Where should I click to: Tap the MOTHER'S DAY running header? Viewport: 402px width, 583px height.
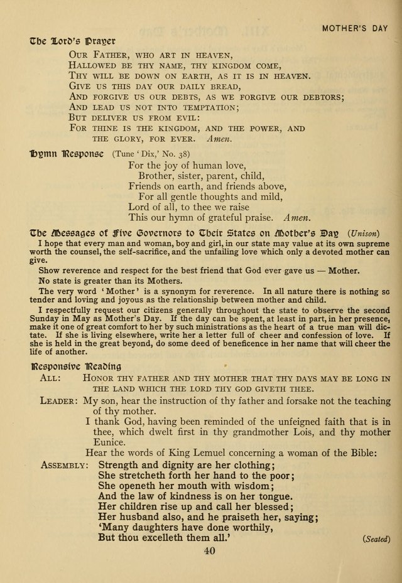(356, 28)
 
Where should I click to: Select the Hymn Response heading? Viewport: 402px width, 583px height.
(68, 153)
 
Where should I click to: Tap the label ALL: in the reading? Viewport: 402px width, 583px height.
(50, 378)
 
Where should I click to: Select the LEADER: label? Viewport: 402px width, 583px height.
(59, 400)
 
